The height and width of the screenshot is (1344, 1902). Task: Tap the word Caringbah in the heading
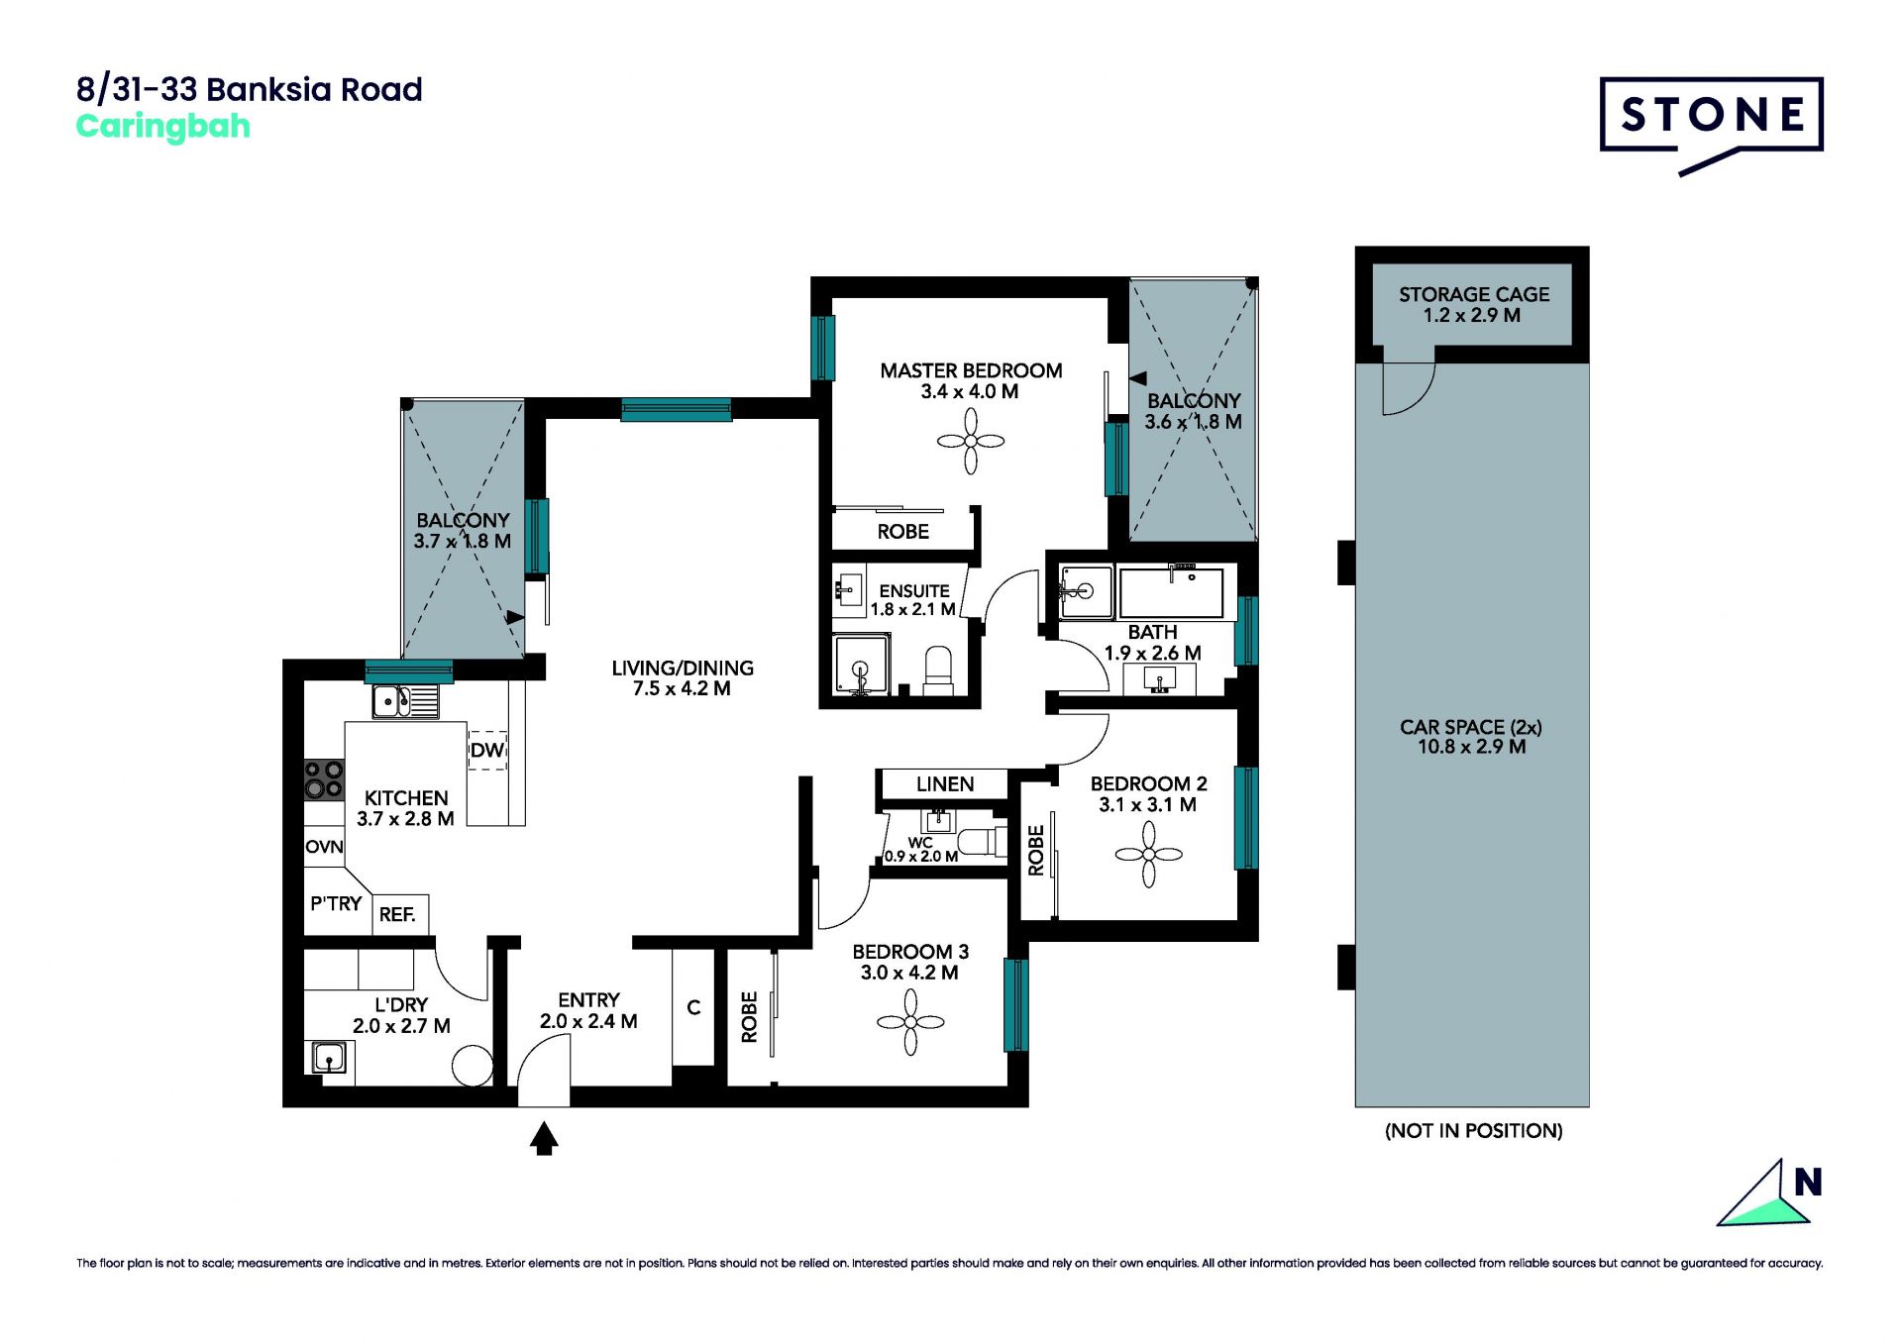click(163, 128)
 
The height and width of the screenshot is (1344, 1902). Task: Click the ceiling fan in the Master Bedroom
click(971, 441)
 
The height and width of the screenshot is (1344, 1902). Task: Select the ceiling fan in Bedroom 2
click(1148, 854)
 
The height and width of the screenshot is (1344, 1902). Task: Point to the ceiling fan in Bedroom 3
click(910, 1022)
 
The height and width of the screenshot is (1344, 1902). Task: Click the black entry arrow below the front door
click(544, 1138)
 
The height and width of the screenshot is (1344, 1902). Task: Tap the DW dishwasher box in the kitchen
click(487, 750)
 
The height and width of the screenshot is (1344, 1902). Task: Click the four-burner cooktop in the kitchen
click(324, 778)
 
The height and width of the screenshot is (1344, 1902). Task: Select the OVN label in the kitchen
click(324, 847)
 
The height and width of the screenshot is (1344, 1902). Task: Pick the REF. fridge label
click(397, 914)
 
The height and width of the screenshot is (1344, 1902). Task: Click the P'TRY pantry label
click(336, 903)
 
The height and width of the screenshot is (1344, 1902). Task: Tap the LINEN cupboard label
click(945, 784)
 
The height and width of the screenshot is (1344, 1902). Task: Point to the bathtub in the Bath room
click(1172, 591)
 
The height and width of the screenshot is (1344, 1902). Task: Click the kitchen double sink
click(405, 701)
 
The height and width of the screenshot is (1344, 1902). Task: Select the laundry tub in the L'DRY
click(330, 1058)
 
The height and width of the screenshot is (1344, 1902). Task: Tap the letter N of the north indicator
click(1808, 1182)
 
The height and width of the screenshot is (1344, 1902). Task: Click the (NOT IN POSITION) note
click(1473, 1131)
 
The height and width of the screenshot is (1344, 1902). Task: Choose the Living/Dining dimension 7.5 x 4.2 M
click(682, 688)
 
